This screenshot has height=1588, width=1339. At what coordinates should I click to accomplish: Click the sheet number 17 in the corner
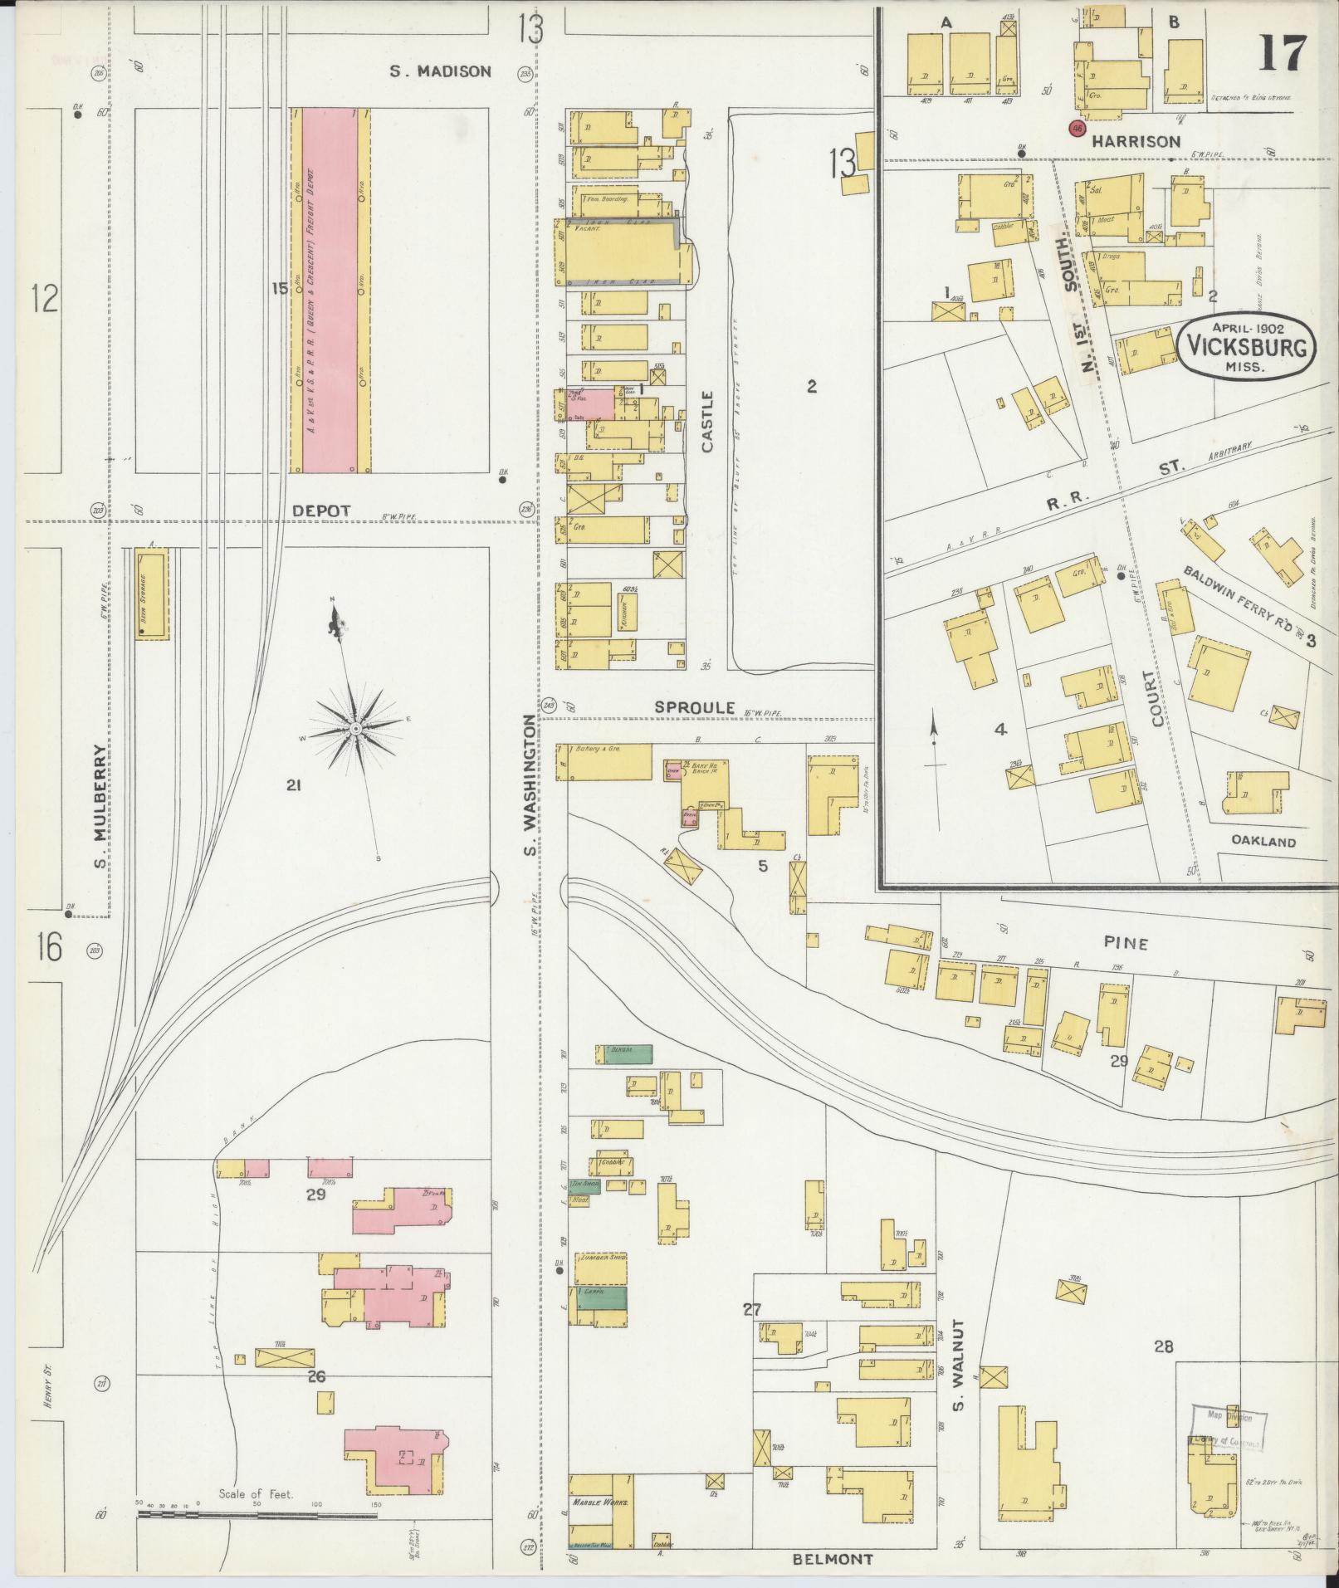(x=1283, y=55)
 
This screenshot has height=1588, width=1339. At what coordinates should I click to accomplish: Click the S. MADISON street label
(x=441, y=72)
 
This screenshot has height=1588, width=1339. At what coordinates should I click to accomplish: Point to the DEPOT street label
(x=321, y=511)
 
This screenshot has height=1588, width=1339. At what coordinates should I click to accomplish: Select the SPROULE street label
(x=695, y=707)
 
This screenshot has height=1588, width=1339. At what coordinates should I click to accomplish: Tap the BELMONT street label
(x=832, y=1559)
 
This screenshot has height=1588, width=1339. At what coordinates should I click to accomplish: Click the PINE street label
(x=1126, y=943)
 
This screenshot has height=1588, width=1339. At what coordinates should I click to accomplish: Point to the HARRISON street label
(x=1136, y=142)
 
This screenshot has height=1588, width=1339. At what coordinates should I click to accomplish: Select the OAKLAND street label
(x=1263, y=842)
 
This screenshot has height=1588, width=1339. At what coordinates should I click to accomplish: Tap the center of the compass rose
(x=355, y=729)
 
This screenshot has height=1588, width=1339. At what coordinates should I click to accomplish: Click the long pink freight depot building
(x=330, y=291)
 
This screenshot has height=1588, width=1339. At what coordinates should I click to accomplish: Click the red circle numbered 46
(x=1078, y=129)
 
